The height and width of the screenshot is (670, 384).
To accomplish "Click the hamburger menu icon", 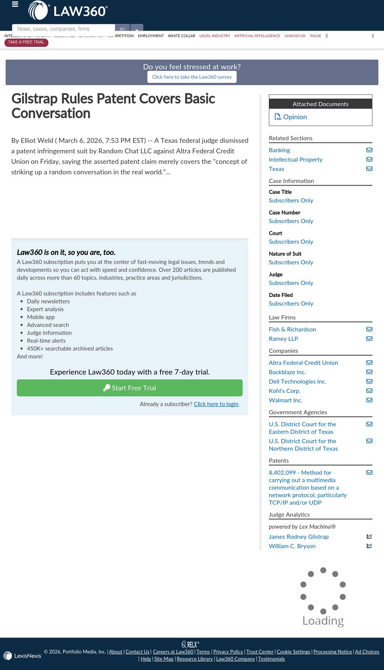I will (x=15, y=4).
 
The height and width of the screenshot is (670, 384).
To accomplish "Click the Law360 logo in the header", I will (x=68, y=10).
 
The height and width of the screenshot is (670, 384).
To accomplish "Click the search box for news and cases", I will (x=63, y=29).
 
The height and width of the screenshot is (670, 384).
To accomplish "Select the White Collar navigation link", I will (x=181, y=36).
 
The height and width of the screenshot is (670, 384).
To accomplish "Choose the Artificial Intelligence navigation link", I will (x=257, y=36).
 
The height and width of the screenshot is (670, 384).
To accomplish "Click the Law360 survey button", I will (x=192, y=77).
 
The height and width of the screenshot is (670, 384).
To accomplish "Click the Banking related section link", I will (x=279, y=150).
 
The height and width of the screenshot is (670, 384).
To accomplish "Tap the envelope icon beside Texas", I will (x=369, y=169).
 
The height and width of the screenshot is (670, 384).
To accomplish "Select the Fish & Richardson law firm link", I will (x=292, y=330).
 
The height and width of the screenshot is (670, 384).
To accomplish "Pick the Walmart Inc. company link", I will (x=285, y=400).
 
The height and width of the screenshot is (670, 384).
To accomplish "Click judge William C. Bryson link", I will (x=292, y=546).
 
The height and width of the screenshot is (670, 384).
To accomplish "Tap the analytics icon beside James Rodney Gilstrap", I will (x=369, y=537).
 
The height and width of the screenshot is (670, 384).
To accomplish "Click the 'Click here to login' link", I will (x=216, y=404).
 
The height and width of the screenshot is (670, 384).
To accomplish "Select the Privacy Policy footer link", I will (x=228, y=652).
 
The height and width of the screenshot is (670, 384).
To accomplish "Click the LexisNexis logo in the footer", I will (x=22, y=656).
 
